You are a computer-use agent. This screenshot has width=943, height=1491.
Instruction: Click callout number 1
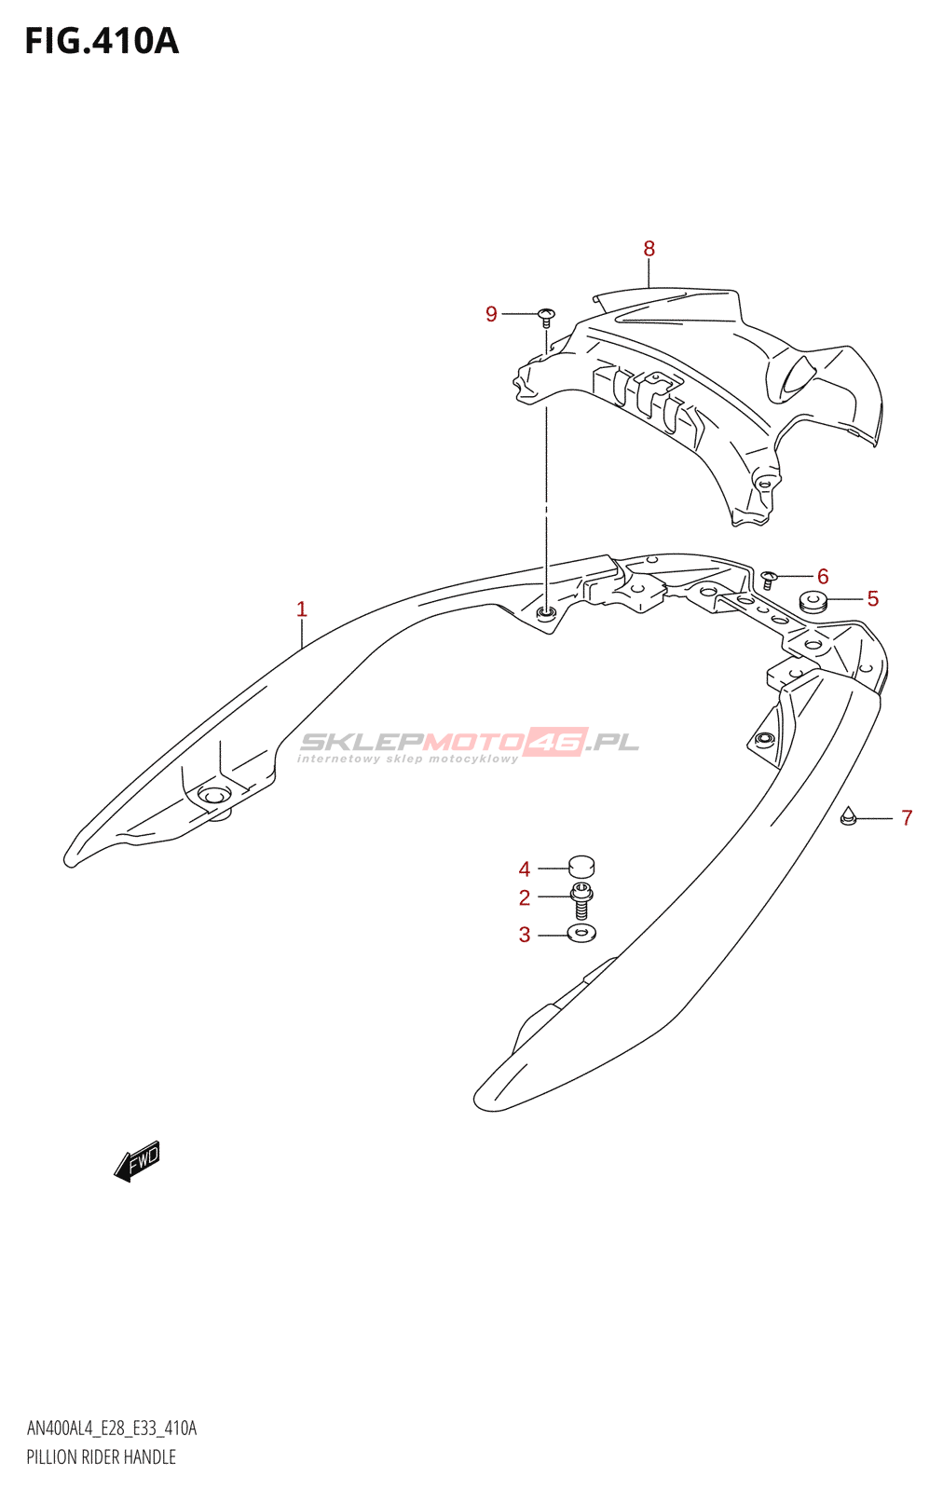coord(301,609)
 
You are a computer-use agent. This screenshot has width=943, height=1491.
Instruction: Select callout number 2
coord(525,897)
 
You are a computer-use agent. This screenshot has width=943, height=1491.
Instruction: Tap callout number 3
coord(525,935)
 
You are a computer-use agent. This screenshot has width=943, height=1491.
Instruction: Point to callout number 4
coord(525,869)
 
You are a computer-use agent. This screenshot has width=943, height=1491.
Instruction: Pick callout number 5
coord(872,598)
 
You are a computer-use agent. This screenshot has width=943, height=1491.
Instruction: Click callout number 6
coord(822,576)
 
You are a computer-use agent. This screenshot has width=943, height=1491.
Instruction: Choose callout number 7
coord(906,818)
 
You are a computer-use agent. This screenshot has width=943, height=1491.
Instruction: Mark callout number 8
coord(649,249)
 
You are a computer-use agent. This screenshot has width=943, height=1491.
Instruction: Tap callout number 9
coord(491,314)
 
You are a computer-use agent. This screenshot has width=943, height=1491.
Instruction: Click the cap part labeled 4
coord(581,867)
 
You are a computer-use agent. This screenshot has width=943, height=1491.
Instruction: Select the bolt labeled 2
coord(581,901)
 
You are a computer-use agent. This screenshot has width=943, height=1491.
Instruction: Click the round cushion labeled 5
coord(813,602)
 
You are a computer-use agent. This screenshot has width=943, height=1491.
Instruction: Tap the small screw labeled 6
coord(769,580)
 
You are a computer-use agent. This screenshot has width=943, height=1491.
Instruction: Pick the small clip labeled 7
coord(847,816)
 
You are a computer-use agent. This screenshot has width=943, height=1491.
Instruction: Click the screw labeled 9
coord(546,316)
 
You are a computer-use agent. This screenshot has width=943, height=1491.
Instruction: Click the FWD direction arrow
coord(137,1161)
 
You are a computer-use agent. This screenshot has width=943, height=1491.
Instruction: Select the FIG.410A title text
coord(101,41)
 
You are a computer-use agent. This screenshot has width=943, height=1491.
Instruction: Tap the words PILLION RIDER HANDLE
coord(101,1457)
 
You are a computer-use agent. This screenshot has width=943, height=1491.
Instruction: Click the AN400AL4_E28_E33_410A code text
coord(112,1429)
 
